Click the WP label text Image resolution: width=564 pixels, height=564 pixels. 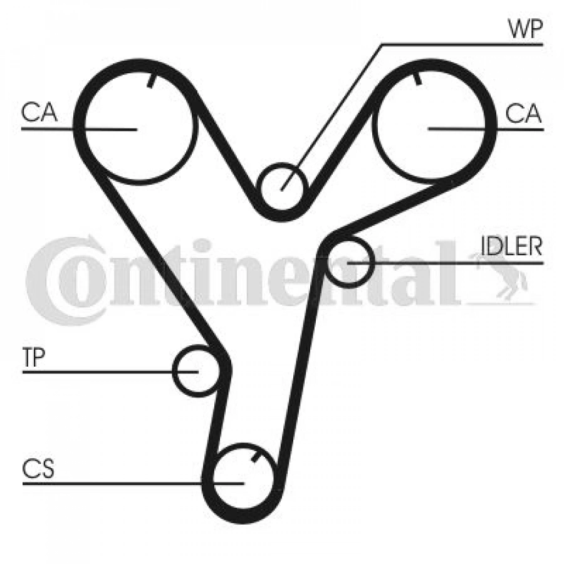click(x=525, y=28)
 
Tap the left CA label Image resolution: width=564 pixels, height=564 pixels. click(x=39, y=112)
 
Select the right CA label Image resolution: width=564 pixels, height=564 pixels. click(x=523, y=113)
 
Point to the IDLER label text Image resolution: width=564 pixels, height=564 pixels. click(x=511, y=246)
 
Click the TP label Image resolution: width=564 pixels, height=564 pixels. click(x=34, y=357)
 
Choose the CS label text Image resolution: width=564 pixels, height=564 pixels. click(x=38, y=469)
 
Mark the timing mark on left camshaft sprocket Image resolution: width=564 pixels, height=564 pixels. click(x=152, y=81)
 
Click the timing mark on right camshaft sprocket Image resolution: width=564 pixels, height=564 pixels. click(x=417, y=78)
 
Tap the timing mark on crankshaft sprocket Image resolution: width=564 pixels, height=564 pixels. click(x=256, y=457)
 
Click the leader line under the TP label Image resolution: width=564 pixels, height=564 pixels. click(x=110, y=372)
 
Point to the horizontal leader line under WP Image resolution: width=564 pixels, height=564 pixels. click(x=462, y=44)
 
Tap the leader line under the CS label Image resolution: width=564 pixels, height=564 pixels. click(x=133, y=484)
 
